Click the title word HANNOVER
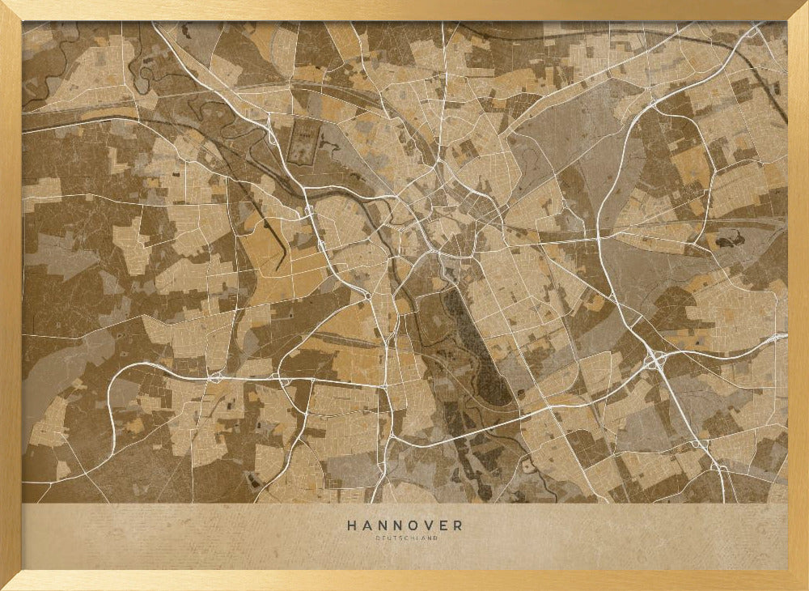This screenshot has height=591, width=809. pyautogui.click(x=404, y=525)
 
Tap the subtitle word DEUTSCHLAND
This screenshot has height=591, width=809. pyautogui.click(x=404, y=538)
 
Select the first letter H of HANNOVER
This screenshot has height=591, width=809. pyautogui.click(x=352, y=525)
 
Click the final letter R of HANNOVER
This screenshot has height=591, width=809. pyautogui.click(x=458, y=525)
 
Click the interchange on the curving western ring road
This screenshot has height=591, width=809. pyautogui.click(x=214, y=376)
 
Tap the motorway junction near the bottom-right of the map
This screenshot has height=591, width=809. pyautogui.click(x=718, y=466)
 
